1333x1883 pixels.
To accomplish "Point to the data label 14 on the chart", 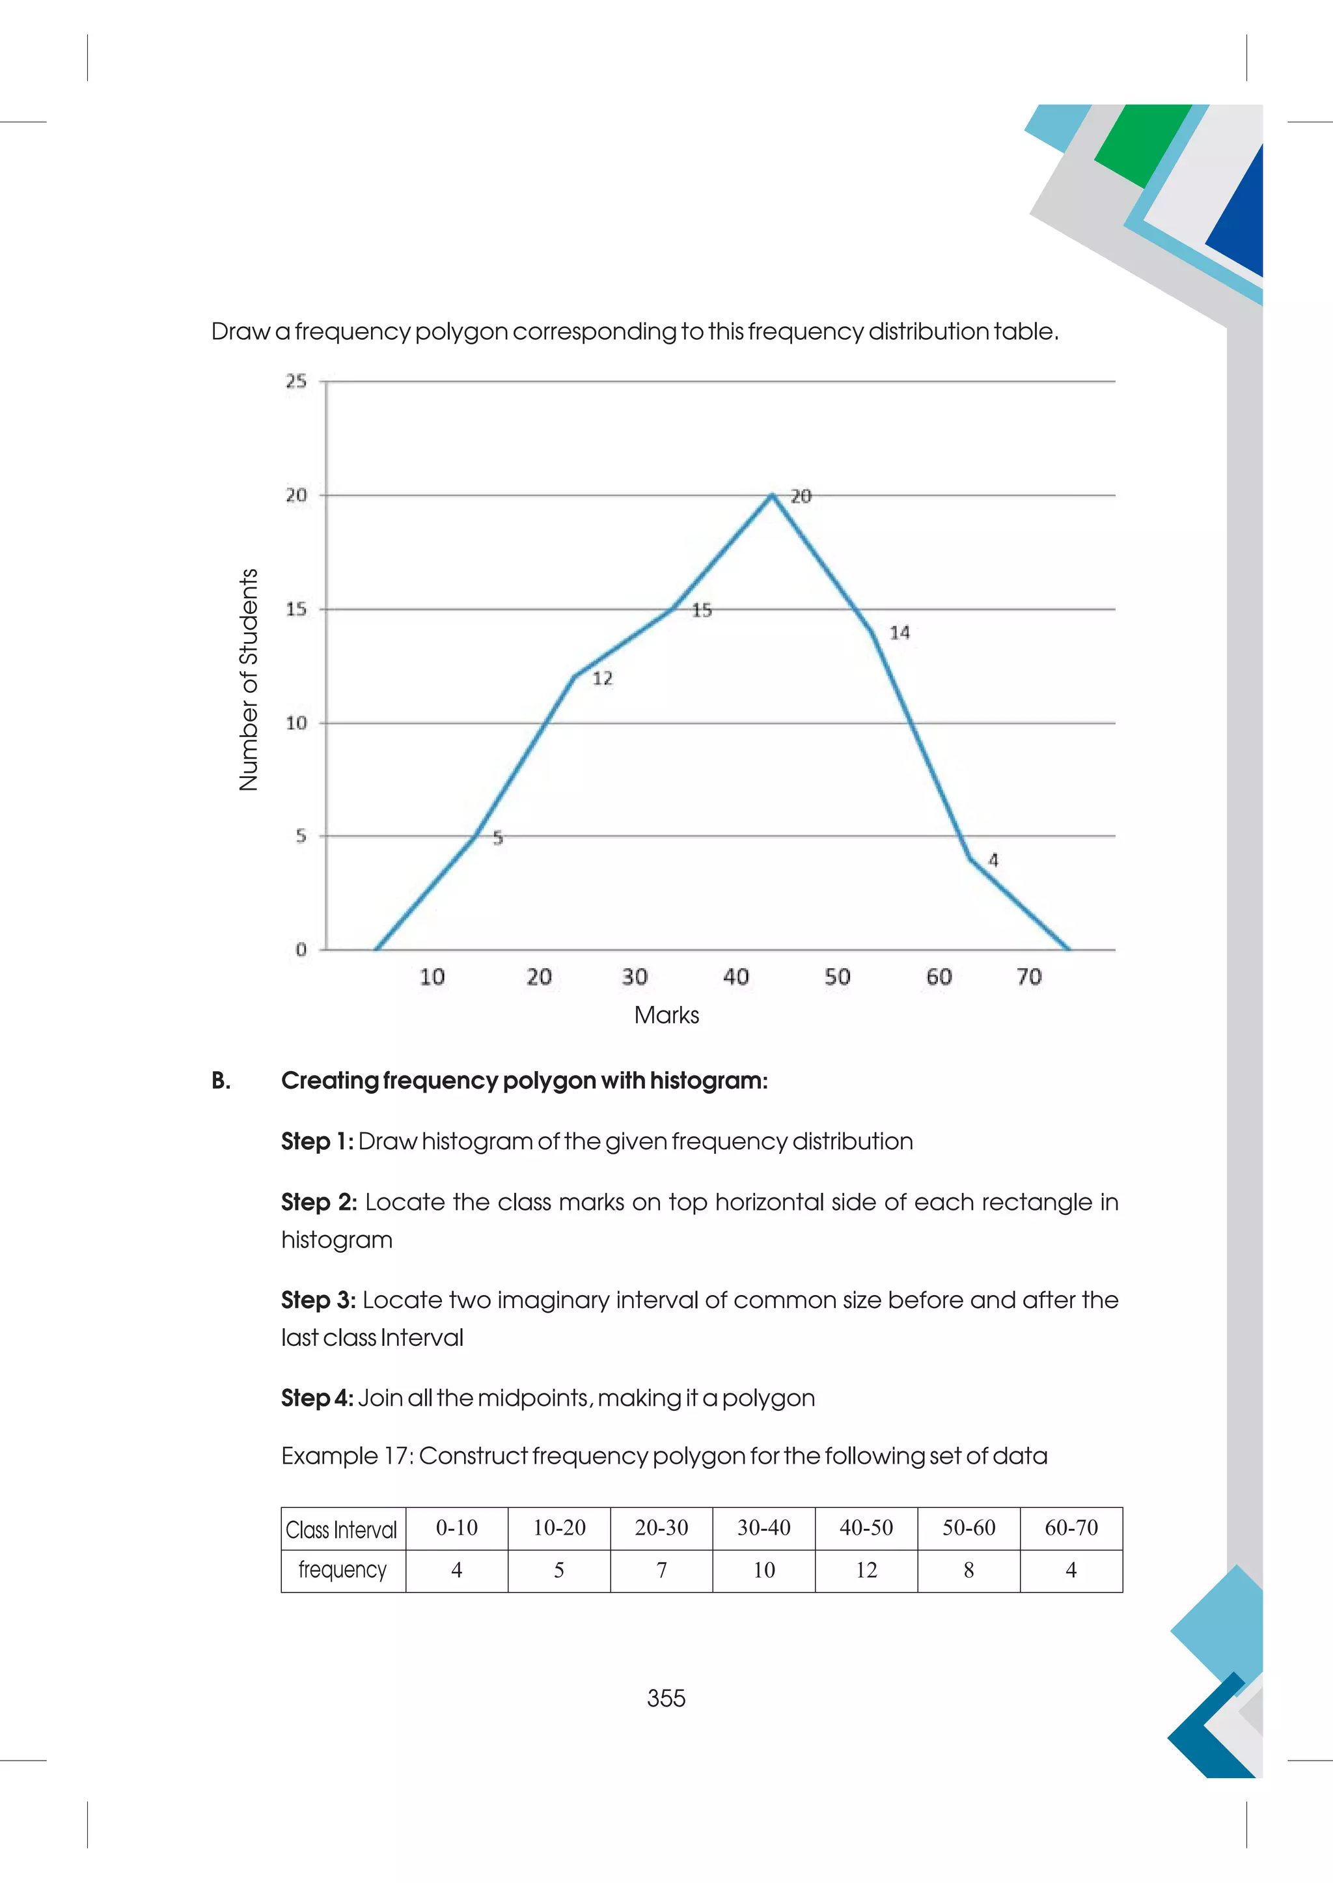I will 900,632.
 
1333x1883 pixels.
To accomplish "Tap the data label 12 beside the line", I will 603,678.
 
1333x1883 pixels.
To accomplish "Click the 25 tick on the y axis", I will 296,381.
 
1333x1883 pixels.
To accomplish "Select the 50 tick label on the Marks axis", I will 837,977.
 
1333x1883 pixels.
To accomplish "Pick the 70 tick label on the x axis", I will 1028,977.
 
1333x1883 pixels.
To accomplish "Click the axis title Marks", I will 666,1015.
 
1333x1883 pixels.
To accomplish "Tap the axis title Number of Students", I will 249,679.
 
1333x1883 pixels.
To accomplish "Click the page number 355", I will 666,1698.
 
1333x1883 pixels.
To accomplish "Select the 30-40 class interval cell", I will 763,1527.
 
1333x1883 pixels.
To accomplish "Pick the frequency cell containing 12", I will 866,1570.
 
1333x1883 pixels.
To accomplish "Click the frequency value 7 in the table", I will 661,1570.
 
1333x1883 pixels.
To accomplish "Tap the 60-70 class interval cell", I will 1071,1527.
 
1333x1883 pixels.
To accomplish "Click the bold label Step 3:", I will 318,1300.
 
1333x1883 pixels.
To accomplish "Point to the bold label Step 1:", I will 318,1141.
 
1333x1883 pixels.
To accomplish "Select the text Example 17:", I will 346,1456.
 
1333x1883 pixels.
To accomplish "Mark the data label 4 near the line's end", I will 993,861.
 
